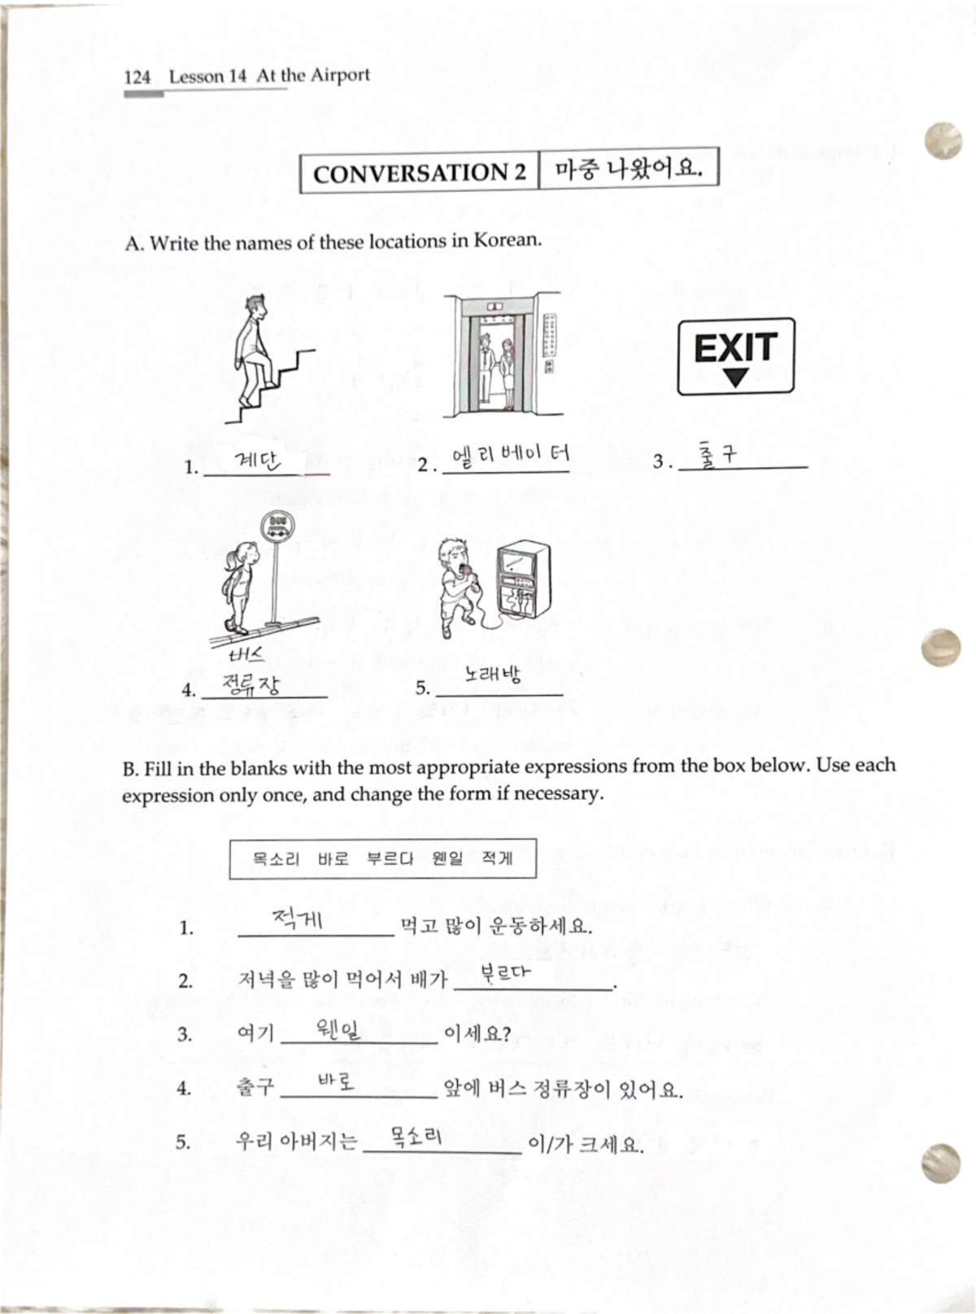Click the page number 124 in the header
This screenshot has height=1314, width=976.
(x=137, y=77)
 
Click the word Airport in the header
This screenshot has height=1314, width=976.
(x=339, y=76)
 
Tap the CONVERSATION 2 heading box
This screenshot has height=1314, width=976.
(x=420, y=172)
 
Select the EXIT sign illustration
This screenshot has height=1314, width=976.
(x=736, y=356)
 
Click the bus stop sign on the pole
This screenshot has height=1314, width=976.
(x=277, y=526)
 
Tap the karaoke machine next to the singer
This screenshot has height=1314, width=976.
(x=521, y=584)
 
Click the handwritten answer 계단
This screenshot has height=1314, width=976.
(x=257, y=461)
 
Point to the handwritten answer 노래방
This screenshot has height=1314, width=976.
(x=493, y=674)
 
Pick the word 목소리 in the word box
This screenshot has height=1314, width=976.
(x=276, y=858)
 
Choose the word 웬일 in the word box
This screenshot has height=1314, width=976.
(x=447, y=858)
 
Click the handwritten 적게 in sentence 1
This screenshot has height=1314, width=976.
(x=297, y=919)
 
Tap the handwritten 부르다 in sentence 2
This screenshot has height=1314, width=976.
(x=504, y=972)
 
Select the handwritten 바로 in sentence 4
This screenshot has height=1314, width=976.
(x=336, y=1082)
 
